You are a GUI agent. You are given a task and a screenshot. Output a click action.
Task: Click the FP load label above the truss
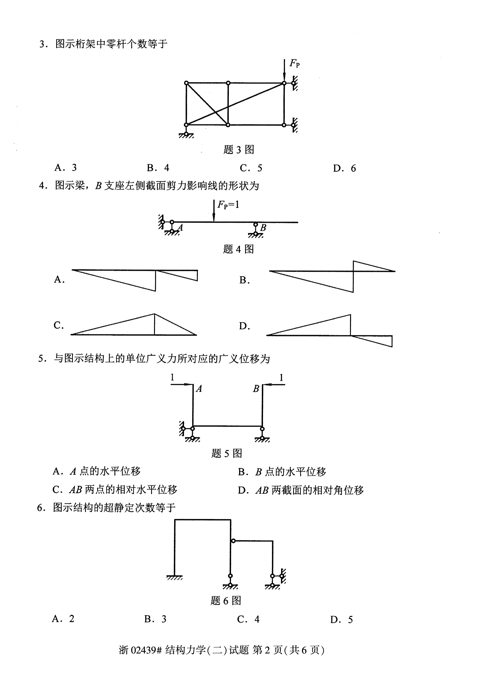pyautogui.click(x=294, y=63)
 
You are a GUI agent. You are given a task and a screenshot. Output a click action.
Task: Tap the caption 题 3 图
pyautogui.click(x=239, y=150)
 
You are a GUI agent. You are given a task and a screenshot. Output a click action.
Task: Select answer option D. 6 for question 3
pyautogui.click(x=344, y=168)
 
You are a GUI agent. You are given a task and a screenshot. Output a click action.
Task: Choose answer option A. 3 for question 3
pyautogui.click(x=66, y=167)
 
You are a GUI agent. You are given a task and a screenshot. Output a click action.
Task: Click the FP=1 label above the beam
pyautogui.click(x=228, y=205)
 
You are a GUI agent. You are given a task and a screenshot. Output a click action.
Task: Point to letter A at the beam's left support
pyautogui.click(x=180, y=227)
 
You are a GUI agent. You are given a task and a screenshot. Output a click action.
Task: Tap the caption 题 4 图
pyautogui.click(x=239, y=249)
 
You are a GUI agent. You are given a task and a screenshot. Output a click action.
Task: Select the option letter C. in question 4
pyautogui.click(x=59, y=325)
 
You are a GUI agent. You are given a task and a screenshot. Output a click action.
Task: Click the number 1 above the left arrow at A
pyautogui.click(x=172, y=377)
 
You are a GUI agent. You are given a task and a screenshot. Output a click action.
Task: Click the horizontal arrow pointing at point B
pyautogui.click(x=274, y=385)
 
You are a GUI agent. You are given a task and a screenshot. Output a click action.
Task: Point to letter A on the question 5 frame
pyautogui.click(x=199, y=389)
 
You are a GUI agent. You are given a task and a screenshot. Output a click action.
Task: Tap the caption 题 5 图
pyautogui.click(x=227, y=453)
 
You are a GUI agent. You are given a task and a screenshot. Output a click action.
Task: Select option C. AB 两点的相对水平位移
pyautogui.click(x=115, y=490)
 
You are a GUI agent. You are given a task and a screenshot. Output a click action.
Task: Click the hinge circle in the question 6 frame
pyautogui.click(x=233, y=541)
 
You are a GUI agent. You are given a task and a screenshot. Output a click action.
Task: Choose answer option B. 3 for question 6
pyautogui.click(x=155, y=619)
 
